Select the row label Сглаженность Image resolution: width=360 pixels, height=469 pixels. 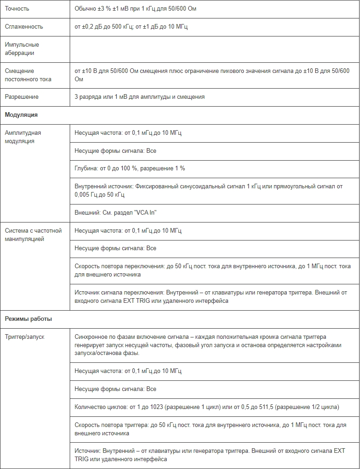[x=24, y=27]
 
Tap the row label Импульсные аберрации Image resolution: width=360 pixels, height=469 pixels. [x=22, y=49]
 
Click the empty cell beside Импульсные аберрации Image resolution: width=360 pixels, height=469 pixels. [x=214, y=49]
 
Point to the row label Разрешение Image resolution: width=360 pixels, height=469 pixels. [x=22, y=97]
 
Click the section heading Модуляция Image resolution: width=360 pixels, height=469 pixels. [x=21, y=115]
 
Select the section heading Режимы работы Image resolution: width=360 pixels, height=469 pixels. [x=28, y=319]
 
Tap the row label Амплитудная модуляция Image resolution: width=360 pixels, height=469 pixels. [x=23, y=137]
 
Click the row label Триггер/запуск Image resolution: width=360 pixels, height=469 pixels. [x=24, y=337]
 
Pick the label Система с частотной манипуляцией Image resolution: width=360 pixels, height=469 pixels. [x=33, y=234]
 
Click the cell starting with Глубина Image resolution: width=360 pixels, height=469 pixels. [x=130, y=168]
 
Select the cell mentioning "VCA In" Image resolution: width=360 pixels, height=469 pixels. [x=119, y=212]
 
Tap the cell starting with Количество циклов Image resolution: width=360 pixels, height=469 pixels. [x=207, y=407]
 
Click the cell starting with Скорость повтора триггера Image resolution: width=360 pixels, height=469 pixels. [x=210, y=429]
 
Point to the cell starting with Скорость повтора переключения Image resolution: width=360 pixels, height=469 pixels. [x=212, y=270]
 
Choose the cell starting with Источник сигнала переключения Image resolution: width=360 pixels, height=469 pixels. [x=210, y=296]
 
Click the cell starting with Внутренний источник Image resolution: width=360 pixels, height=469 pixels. [x=209, y=190]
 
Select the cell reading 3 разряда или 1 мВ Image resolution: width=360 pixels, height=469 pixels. [x=139, y=97]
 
